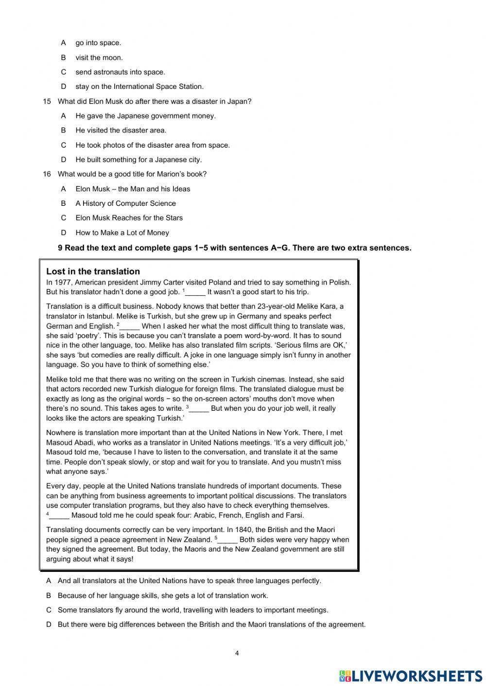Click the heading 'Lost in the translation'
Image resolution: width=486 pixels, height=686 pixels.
[93, 271]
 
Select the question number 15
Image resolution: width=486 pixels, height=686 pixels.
[47, 101]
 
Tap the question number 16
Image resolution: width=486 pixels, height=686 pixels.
[47, 174]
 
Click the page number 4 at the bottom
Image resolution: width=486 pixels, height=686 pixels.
[237, 653]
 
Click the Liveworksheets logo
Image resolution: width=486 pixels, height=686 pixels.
[411, 675]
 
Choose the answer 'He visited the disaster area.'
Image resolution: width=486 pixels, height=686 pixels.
[121, 131]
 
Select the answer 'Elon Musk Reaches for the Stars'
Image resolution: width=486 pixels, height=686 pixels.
[129, 218]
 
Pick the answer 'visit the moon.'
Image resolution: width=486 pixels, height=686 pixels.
[99, 58]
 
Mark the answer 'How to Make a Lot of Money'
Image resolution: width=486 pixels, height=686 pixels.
[122, 233]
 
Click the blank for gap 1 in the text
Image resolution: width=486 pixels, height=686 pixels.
[195, 292]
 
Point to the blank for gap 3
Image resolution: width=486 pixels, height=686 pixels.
[199, 409]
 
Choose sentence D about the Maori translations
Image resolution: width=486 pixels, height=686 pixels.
[211, 625]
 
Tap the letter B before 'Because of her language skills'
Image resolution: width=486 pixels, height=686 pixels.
[49, 596]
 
